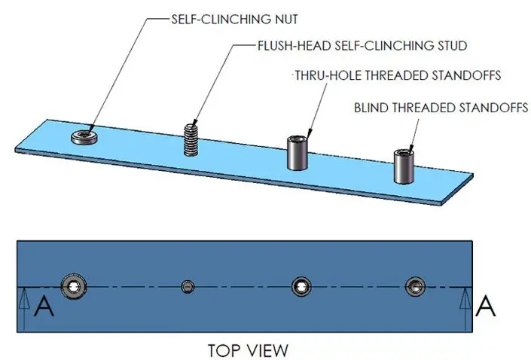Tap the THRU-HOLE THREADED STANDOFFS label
(x=398, y=76)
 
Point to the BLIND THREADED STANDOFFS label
(x=441, y=108)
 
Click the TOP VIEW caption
(x=248, y=350)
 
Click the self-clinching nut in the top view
(x=75, y=285)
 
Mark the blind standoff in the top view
(x=414, y=285)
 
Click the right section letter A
(x=487, y=307)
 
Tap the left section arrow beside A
(x=23, y=307)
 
